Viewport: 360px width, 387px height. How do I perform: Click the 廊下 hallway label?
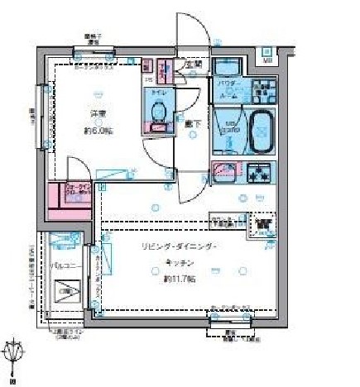click(193, 123)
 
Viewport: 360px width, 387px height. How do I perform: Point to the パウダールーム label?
click(228, 89)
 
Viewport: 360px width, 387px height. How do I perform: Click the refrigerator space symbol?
click(262, 225)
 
